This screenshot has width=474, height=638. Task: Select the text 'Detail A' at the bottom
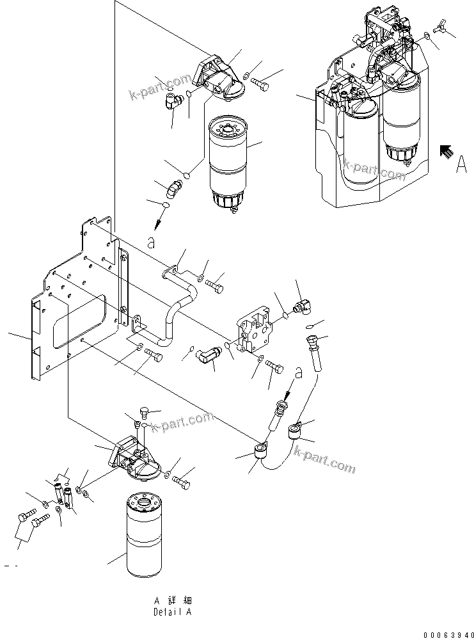click(172, 612)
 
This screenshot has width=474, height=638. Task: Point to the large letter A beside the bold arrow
click(460, 165)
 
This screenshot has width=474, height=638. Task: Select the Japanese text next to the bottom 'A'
click(179, 601)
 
